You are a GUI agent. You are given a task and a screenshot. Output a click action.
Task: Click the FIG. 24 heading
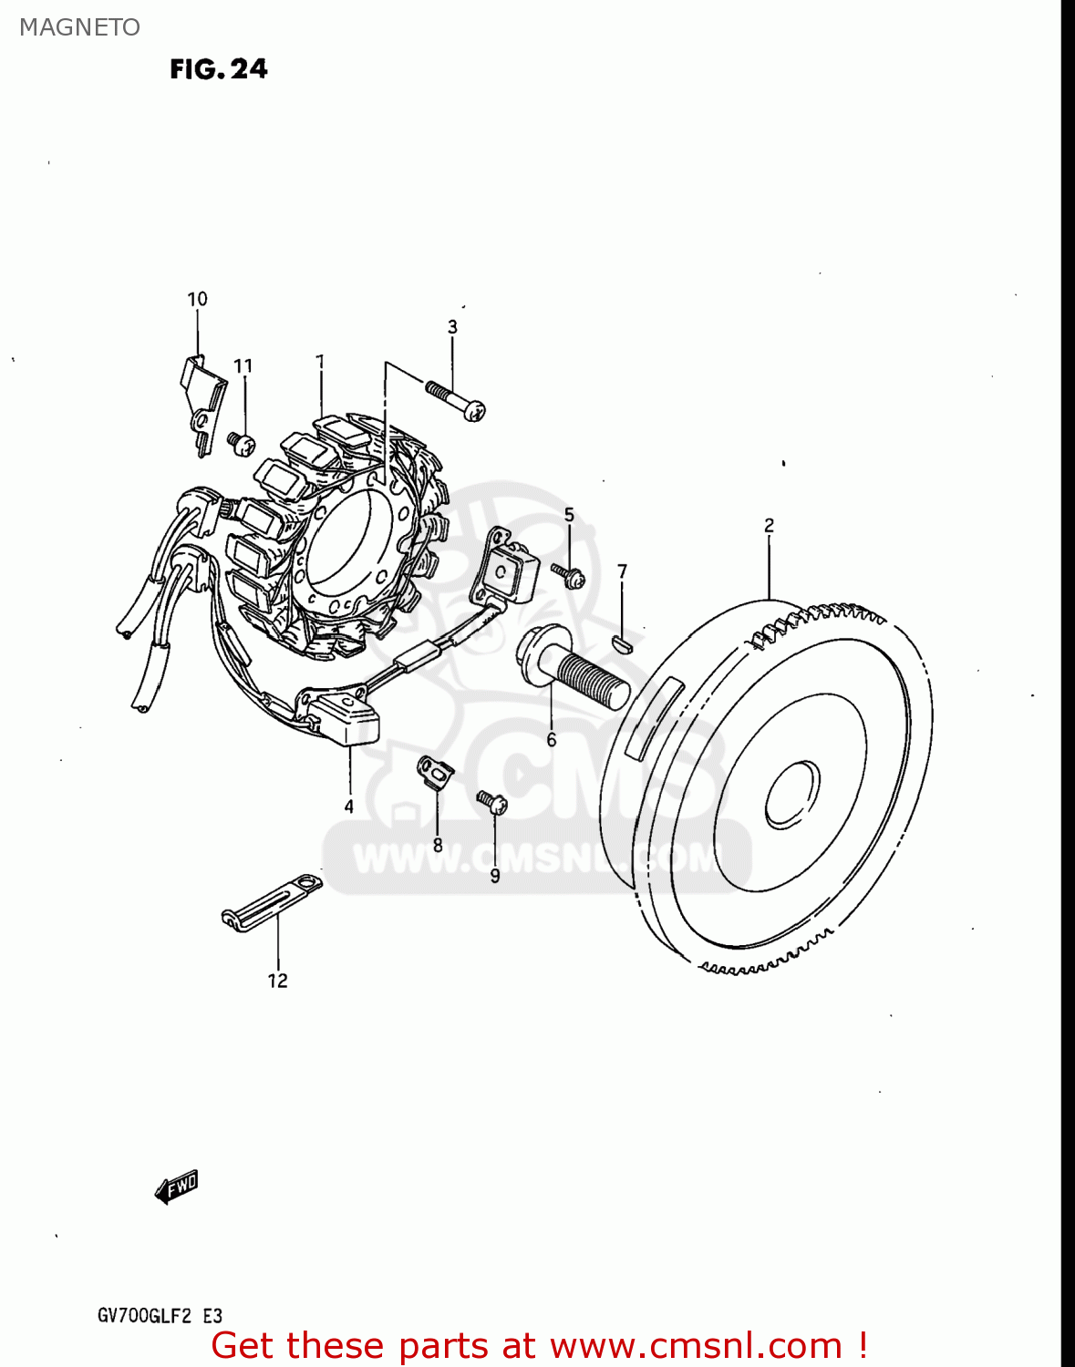(219, 69)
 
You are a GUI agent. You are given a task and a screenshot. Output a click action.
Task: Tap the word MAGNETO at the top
(79, 27)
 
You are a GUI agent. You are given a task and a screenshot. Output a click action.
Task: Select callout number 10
(197, 299)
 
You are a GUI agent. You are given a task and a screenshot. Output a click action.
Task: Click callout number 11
(243, 366)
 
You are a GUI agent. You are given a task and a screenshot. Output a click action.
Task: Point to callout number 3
(452, 326)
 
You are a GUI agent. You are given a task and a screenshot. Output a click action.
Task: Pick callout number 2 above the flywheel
(769, 525)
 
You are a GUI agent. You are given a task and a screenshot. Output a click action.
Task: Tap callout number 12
(277, 981)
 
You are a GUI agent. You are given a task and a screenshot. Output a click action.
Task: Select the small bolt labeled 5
(567, 574)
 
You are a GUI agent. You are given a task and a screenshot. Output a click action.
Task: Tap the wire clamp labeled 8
(436, 771)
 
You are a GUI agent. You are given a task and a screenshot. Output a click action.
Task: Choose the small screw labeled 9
(491, 802)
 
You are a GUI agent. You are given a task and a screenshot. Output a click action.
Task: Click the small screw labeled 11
(241, 443)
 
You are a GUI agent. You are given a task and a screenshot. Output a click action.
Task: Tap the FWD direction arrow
(177, 1187)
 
